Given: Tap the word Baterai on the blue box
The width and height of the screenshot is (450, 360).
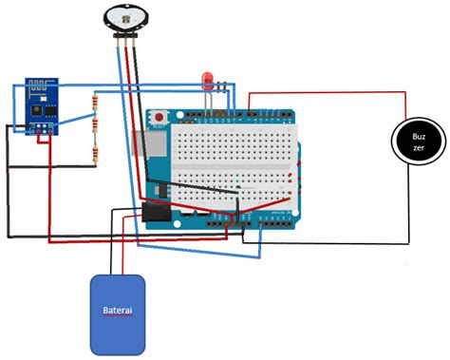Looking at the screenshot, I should (118, 311).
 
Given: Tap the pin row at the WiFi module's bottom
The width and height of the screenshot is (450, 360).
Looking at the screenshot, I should (43, 126).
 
